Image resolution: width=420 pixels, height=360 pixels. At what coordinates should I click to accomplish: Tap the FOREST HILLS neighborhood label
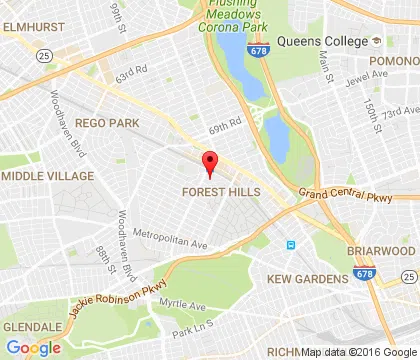(x=221, y=191)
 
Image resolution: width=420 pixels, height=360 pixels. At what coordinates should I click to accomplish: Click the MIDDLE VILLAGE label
(x=47, y=176)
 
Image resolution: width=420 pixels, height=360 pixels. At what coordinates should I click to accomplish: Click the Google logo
(x=32, y=347)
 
